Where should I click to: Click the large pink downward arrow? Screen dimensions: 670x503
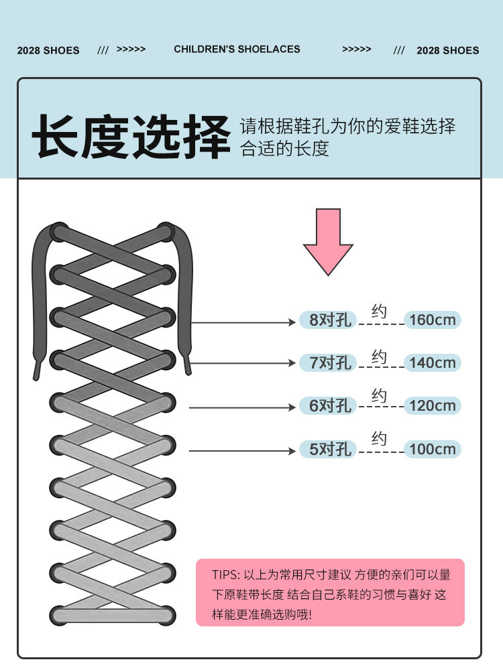click(328, 241)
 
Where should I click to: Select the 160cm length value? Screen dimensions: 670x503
click(432, 320)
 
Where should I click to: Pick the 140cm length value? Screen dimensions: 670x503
click(432, 362)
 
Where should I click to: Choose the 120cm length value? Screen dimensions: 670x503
click(432, 405)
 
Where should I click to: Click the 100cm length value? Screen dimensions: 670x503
click(432, 449)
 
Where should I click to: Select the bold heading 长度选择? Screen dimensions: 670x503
click(131, 137)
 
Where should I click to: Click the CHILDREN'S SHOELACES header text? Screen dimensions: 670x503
click(237, 49)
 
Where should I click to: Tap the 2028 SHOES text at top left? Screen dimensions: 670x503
click(48, 50)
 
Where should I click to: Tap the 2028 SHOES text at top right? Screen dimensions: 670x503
click(447, 50)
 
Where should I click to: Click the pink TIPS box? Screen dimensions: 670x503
click(330, 593)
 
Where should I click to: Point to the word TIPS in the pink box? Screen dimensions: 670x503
click(225, 575)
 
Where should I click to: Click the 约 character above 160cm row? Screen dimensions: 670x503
click(380, 312)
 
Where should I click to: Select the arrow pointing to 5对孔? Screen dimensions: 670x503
click(242, 451)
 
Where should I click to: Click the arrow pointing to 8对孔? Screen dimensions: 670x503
click(242, 322)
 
